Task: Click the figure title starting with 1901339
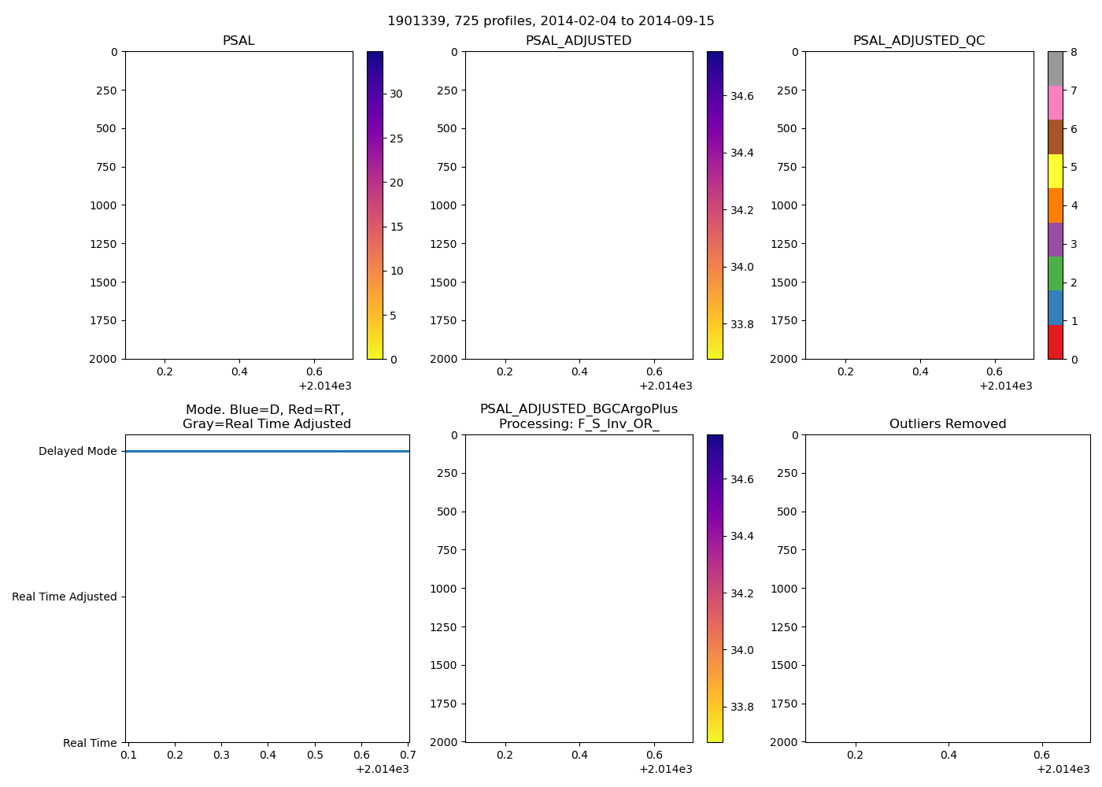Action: click(x=550, y=21)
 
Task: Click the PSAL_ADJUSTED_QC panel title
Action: click(x=919, y=41)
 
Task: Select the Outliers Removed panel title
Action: click(x=947, y=424)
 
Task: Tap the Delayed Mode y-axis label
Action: click(x=77, y=452)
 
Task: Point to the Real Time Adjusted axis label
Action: click(x=64, y=597)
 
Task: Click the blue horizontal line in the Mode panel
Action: click(x=267, y=452)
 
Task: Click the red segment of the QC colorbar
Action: click(x=1055, y=342)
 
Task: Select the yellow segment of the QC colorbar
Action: click(x=1055, y=171)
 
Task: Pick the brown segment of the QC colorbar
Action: click(x=1055, y=137)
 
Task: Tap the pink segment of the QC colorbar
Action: click(x=1055, y=102)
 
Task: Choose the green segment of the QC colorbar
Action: click(x=1055, y=274)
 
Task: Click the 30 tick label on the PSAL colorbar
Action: click(x=396, y=94)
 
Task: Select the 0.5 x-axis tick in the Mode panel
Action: click(x=315, y=756)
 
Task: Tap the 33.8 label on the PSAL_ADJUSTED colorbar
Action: click(x=741, y=324)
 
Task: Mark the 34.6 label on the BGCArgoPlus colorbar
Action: click(x=741, y=479)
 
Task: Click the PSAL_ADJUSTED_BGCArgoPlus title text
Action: click(x=579, y=409)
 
